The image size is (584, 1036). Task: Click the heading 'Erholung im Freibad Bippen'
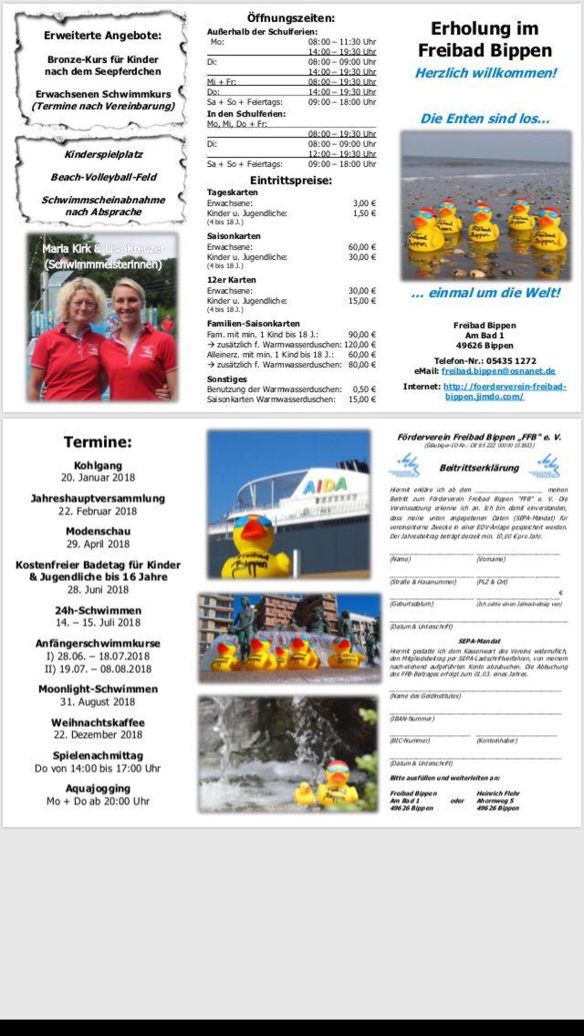[485, 40]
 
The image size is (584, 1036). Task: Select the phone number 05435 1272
[511, 360]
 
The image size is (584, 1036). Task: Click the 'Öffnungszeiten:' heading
[290, 17]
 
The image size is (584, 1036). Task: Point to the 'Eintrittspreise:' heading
[290, 180]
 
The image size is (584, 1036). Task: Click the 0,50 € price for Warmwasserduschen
[364, 388]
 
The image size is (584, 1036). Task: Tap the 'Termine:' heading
[98, 442]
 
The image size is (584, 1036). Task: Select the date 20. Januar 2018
[98, 477]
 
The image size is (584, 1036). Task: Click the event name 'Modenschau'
[98, 532]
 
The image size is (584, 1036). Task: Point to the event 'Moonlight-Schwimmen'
[98, 689]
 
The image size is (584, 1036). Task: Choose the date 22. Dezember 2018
[98, 734]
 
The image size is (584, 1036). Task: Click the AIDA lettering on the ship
[325, 484]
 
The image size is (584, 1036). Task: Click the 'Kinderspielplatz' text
[102, 155]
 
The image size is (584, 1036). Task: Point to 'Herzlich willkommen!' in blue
[485, 72]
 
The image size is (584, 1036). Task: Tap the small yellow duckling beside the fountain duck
[305, 793]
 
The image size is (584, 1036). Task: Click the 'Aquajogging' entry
[98, 788]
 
